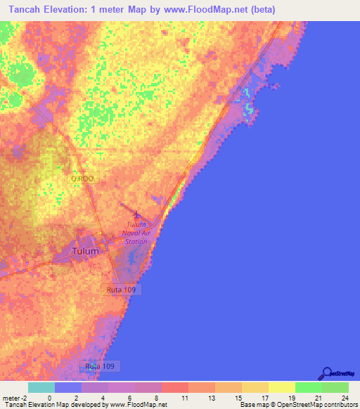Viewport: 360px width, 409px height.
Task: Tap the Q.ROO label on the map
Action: [x=82, y=179]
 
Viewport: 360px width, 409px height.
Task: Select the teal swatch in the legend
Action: [x=41, y=387]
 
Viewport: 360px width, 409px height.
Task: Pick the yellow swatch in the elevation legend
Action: [x=281, y=387]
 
